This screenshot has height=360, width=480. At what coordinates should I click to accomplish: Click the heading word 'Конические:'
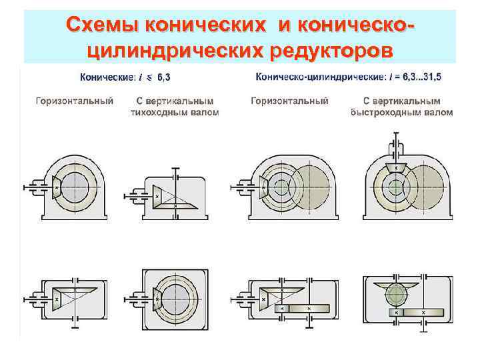tap(107, 77)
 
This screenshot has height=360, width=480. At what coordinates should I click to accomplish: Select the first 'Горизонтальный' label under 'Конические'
tap(74, 101)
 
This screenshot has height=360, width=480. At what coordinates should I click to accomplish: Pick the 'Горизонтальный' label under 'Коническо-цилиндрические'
tap(289, 101)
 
